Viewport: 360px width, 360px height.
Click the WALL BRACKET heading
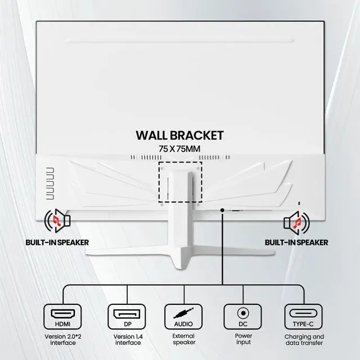click(179, 136)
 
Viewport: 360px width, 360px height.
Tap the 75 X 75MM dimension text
click(179, 148)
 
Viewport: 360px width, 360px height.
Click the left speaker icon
click(57, 223)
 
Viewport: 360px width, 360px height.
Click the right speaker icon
click(296, 223)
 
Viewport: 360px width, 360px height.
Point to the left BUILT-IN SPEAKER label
click(57, 243)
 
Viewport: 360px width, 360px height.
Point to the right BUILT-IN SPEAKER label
click(296, 243)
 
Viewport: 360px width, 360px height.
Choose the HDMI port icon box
click(62, 317)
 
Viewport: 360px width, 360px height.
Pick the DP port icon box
click(127, 317)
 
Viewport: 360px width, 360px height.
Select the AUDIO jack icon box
click(183, 317)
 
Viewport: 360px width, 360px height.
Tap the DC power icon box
click(243, 317)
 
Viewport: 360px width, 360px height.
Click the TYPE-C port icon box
click(304, 317)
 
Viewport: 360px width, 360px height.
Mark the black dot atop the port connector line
click(223, 210)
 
